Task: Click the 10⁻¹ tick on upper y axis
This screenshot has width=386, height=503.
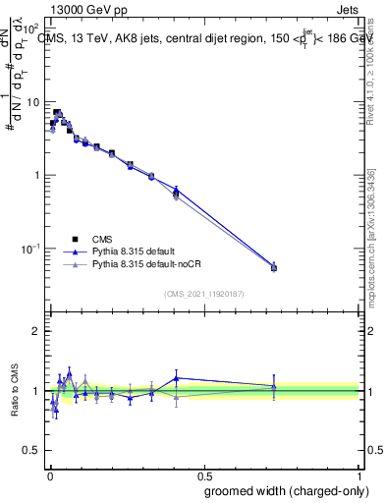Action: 29,248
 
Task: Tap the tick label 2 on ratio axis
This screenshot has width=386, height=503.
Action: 36,331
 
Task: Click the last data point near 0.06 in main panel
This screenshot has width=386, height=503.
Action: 274,267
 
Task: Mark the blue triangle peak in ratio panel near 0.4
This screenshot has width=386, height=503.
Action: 177,377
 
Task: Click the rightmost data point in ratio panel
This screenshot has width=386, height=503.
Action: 274,387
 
